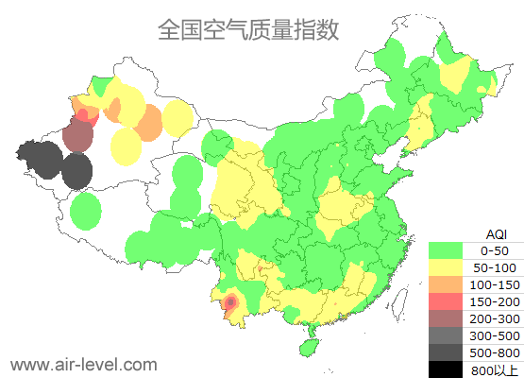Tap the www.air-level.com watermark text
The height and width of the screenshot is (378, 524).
click(83, 364)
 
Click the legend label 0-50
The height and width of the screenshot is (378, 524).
click(494, 250)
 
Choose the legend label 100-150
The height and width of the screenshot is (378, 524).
click(494, 284)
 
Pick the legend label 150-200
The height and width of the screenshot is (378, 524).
click(494, 301)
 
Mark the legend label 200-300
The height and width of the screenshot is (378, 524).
click(494, 318)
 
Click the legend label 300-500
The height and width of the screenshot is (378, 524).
click(494, 335)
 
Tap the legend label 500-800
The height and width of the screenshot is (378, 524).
click(494, 352)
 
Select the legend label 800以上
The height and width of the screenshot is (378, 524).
click(494, 369)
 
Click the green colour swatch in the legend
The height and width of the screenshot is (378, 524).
click(447, 250)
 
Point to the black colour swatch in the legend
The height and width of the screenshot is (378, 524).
click(447, 369)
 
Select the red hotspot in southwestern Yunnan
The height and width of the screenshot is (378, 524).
click(229, 302)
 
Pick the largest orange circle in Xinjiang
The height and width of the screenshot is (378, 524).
click(148, 123)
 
